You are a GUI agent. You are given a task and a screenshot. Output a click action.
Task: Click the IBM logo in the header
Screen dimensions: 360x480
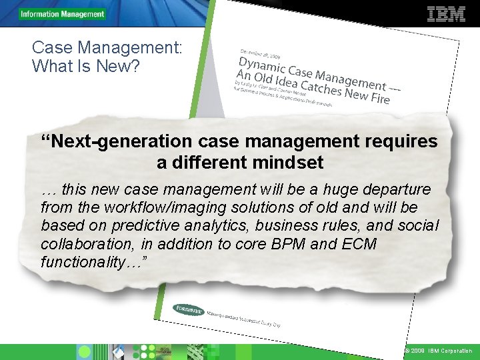446,14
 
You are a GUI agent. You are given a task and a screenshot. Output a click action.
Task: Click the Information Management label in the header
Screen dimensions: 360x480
63,14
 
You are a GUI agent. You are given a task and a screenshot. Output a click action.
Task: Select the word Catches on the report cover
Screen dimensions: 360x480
321,87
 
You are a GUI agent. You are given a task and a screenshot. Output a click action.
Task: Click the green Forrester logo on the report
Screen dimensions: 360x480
189,309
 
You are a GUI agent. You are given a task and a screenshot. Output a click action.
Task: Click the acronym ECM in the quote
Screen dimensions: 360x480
358,244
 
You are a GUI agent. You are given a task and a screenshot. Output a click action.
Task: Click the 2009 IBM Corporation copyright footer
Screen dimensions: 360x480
438,351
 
